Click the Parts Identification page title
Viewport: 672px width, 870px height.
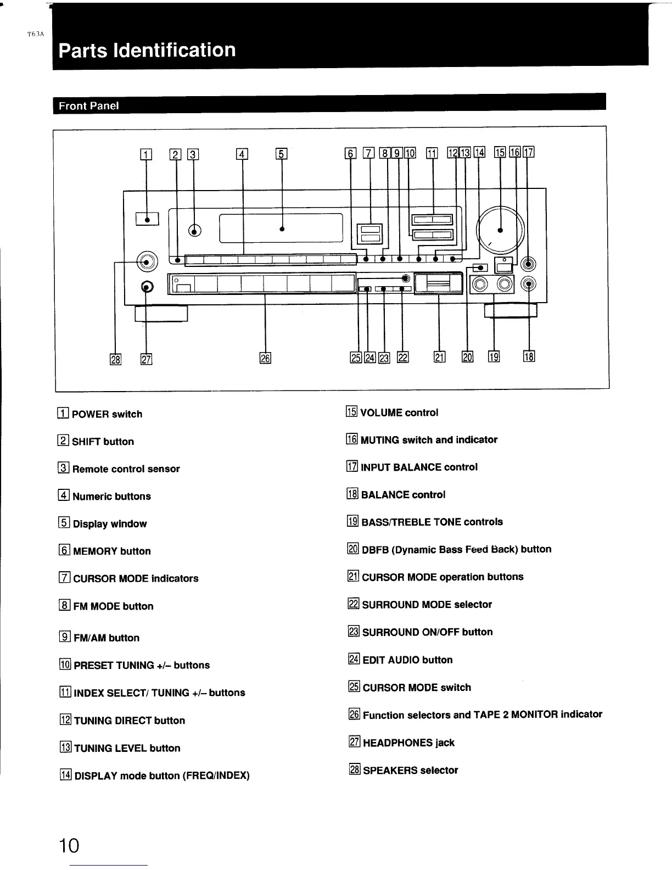pos(147,50)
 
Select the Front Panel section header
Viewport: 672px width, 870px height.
pos(88,106)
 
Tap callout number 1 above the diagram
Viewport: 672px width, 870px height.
pos(145,154)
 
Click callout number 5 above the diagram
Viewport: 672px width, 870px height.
pos(281,154)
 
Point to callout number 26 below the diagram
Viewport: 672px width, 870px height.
pos(265,359)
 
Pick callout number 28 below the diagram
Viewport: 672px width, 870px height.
pos(115,359)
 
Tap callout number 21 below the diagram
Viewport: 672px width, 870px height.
pos(439,358)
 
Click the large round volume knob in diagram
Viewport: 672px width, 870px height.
pos(500,230)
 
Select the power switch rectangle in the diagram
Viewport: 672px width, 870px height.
pos(147,219)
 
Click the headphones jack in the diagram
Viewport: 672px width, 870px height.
pos(147,287)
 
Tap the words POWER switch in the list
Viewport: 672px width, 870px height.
pos(107,414)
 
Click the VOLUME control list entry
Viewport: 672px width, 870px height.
pos(399,412)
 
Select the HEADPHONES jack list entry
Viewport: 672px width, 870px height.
pos(408,743)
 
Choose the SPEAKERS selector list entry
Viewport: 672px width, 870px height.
pos(410,771)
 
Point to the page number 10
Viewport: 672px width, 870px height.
pos(70,845)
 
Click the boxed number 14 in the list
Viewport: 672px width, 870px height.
pos(65,776)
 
